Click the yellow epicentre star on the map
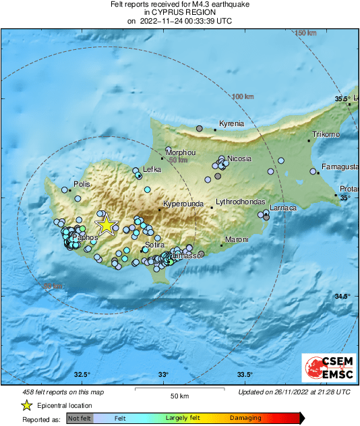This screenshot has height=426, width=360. click(x=106, y=225)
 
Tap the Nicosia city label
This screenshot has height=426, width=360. click(x=239, y=158)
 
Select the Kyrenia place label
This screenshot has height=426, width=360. click(x=232, y=124)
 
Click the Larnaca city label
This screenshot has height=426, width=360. click(x=283, y=208)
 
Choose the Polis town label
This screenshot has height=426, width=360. click(x=82, y=183)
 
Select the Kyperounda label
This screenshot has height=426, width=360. click(x=181, y=203)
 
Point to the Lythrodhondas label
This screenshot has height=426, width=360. click(x=237, y=202)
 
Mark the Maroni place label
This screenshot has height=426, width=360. click(x=237, y=239)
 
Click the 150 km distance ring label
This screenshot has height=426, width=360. click(x=305, y=33)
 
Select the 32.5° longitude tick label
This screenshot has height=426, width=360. click(x=82, y=375)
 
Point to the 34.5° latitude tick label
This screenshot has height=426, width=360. click(x=343, y=297)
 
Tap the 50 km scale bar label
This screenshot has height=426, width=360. click(x=179, y=396)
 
